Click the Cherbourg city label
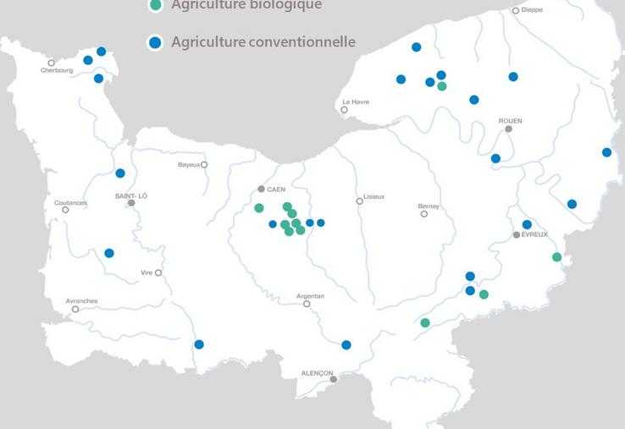click(56, 71)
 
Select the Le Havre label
click(355, 102)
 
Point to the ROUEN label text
click(510, 121)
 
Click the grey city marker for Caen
click(261, 189)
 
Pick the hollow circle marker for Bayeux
click(204, 165)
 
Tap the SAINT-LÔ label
click(131, 195)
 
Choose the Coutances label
click(70, 202)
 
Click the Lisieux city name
click(373, 196)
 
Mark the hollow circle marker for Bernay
click(424, 214)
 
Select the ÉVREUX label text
click(534, 234)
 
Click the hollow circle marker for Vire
click(158, 273)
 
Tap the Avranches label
click(81, 300)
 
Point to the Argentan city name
click(310, 295)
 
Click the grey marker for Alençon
click(334, 379)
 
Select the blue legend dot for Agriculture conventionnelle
click(154, 42)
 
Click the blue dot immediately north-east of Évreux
click(527, 224)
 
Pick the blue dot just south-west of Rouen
click(495, 158)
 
